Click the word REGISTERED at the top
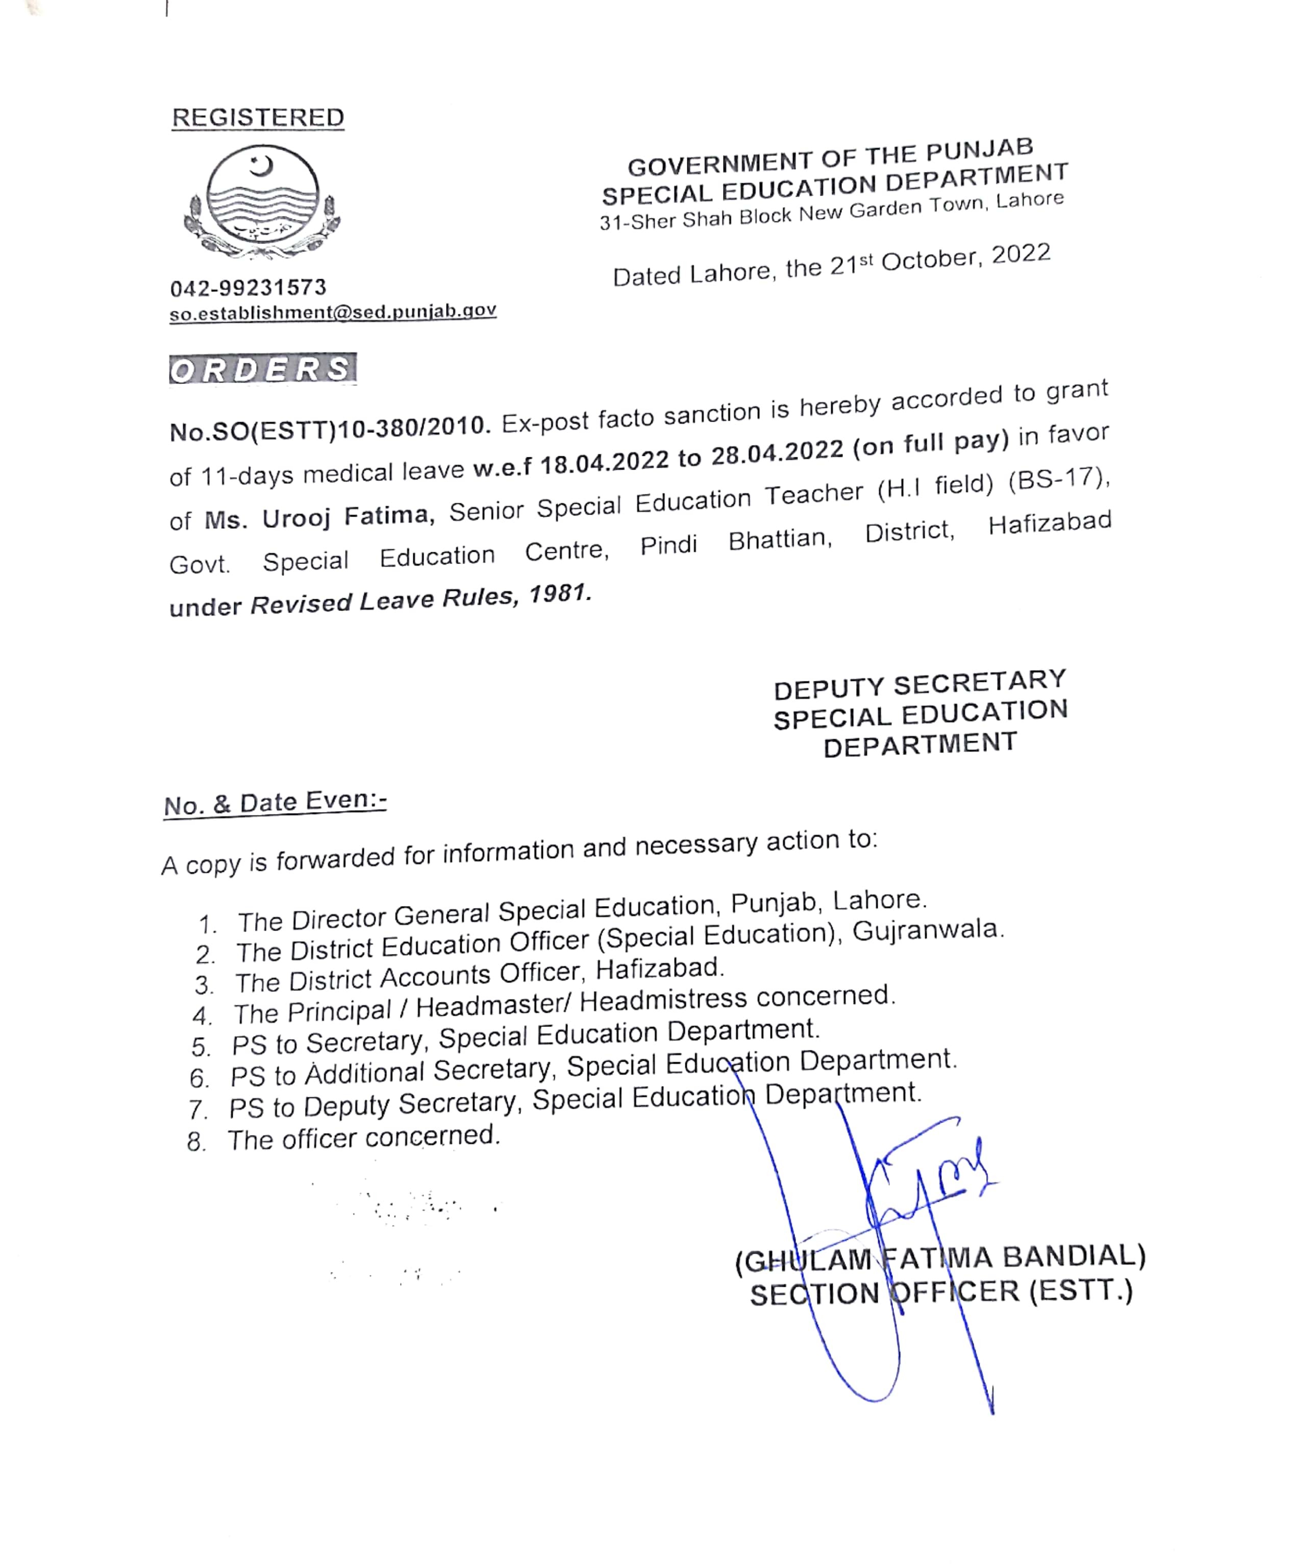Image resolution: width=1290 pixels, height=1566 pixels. pos(258,117)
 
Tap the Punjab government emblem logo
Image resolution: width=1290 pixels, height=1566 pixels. pos(262,202)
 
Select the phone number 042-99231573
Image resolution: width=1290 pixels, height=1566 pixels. pos(248,288)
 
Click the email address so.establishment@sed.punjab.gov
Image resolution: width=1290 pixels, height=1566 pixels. pos(332,311)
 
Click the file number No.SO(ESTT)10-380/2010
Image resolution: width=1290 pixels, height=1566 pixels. pos(330,427)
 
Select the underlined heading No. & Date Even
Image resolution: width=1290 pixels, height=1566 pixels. pos(275,803)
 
